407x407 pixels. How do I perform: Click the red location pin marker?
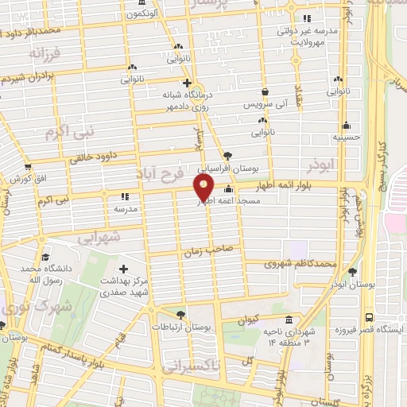tap(204, 188)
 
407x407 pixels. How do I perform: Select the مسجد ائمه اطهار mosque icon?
tap(230, 189)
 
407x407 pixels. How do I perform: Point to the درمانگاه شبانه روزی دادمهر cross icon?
tap(186, 82)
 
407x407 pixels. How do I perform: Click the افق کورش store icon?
tap(29, 167)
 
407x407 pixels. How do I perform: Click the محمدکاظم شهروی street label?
tap(304, 263)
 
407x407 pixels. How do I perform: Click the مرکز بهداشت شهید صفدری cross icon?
tap(123, 269)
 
